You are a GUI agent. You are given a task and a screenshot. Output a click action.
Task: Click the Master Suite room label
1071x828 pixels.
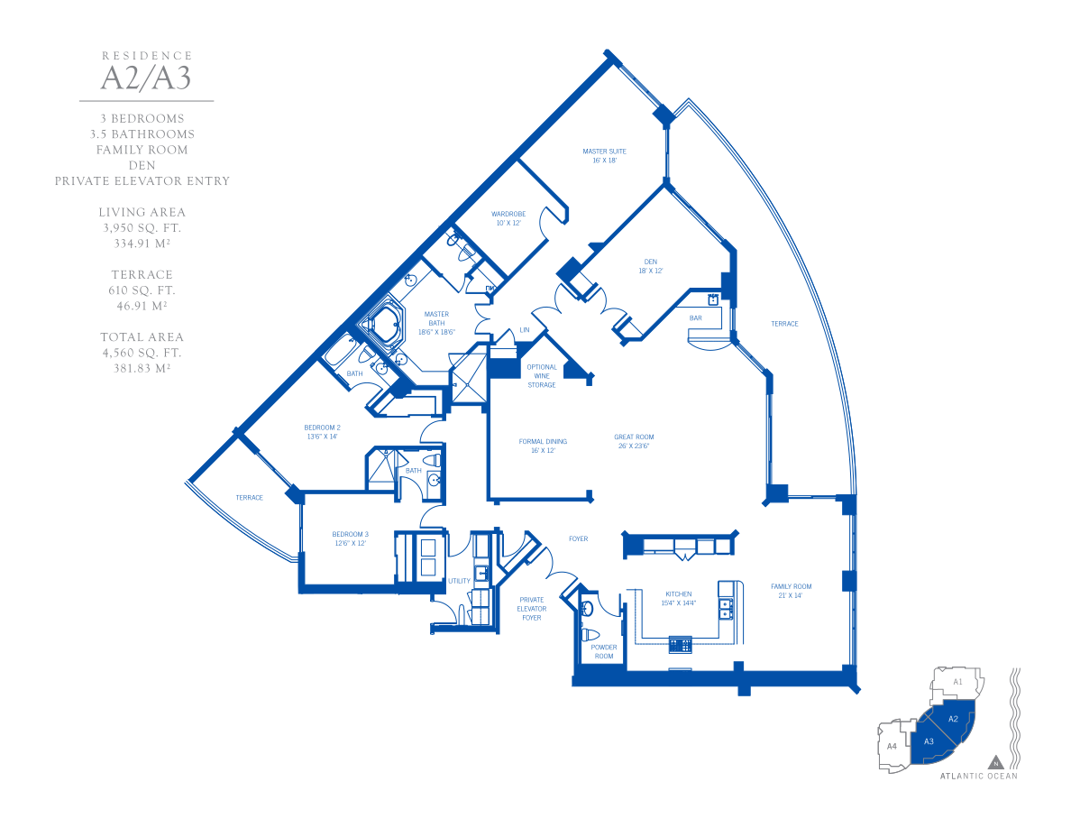605,156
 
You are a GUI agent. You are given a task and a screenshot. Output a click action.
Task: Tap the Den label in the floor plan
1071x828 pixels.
650,266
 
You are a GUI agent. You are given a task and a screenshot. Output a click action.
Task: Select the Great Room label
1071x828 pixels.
634,441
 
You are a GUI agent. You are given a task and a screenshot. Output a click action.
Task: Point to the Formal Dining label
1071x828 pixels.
543,446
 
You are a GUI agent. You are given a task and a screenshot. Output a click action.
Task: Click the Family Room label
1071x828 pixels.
791,591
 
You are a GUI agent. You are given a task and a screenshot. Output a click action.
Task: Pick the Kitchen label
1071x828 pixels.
678,599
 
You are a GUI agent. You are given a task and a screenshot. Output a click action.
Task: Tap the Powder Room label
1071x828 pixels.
604,652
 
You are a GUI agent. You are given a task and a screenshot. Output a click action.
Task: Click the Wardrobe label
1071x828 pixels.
508,218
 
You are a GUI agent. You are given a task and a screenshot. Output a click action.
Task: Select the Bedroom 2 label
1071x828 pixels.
323,432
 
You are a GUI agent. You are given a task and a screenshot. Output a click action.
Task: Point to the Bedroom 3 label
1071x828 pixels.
351,538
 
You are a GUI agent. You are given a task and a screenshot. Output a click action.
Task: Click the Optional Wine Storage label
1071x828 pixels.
542,376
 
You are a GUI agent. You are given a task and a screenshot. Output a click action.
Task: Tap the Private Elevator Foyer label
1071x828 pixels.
531,609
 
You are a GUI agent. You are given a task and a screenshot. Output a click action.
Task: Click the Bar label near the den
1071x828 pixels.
695,318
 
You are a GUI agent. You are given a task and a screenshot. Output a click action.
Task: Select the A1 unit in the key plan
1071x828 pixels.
957,682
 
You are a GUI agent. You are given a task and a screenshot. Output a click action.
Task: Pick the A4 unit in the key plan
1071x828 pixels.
892,746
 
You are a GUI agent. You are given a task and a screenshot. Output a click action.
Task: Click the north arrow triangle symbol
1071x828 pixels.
996,762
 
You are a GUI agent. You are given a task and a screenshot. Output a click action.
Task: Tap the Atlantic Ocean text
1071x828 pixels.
979,776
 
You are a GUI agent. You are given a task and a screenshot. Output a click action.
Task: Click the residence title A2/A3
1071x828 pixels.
146,78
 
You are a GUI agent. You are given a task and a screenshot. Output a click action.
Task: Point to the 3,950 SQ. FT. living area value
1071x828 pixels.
142,227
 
